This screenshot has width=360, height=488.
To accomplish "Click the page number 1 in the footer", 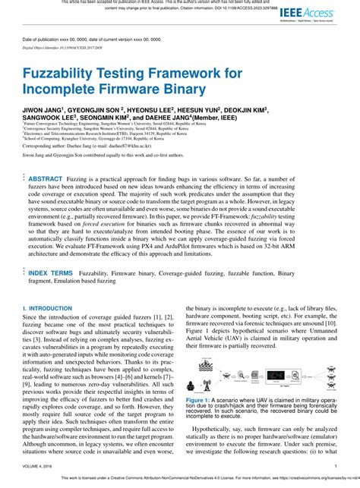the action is click(335, 467).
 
